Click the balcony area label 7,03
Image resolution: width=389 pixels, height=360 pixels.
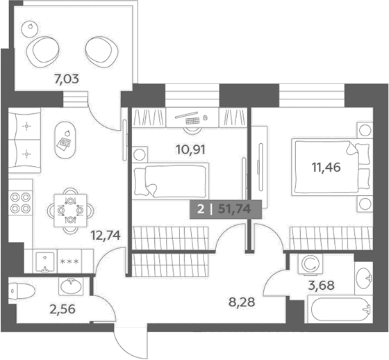pyautogui.click(x=67, y=79)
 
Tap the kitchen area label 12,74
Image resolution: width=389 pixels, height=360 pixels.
pyautogui.click(x=106, y=235)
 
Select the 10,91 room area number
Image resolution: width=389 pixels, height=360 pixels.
pyautogui.click(x=190, y=149)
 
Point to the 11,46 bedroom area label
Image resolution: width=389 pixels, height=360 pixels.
pyautogui.click(x=326, y=167)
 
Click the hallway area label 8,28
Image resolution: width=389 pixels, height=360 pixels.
pyautogui.click(x=242, y=302)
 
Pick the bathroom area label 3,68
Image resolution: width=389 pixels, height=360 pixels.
pyautogui.click(x=321, y=285)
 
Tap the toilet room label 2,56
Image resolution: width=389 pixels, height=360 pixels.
pyautogui.click(x=63, y=309)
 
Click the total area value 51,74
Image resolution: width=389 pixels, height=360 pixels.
pyautogui.click(x=235, y=209)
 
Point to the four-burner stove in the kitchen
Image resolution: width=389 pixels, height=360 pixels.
pyautogui.click(x=20, y=203)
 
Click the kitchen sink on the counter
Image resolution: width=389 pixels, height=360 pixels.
pyautogui.click(x=45, y=262)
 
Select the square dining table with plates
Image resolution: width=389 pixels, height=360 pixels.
pyautogui.click(x=70, y=211)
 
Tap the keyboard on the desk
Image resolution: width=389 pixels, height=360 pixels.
pyautogui.click(x=192, y=121)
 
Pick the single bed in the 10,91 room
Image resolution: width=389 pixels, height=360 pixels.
pyautogui.click(x=170, y=181)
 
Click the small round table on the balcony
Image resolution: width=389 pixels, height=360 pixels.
pyautogui.click(x=30, y=28)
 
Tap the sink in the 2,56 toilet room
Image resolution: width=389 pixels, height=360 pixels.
pyautogui.click(x=71, y=286)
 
